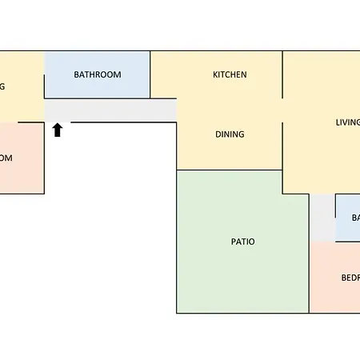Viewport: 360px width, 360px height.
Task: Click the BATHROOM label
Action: tap(97, 74)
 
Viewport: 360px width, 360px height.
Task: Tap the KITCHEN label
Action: tap(230, 74)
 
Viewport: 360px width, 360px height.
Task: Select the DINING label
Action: tap(230, 134)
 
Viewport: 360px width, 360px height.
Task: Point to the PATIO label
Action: tap(242, 241)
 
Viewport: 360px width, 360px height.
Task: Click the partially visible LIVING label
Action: tap(347, 122)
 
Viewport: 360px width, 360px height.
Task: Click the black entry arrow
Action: tap(58, 130)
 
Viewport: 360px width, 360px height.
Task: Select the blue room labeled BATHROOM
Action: tap(97, 64)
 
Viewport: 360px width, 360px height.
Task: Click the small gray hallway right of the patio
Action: tap(322, 218)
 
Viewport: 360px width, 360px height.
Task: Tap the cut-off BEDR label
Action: tap(350, 278)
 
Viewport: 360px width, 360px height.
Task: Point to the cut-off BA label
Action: tap(355, 218)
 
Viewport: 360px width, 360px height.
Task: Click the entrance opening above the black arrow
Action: tap(58, 122)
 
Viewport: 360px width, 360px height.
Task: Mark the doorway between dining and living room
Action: tap(282, 110)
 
